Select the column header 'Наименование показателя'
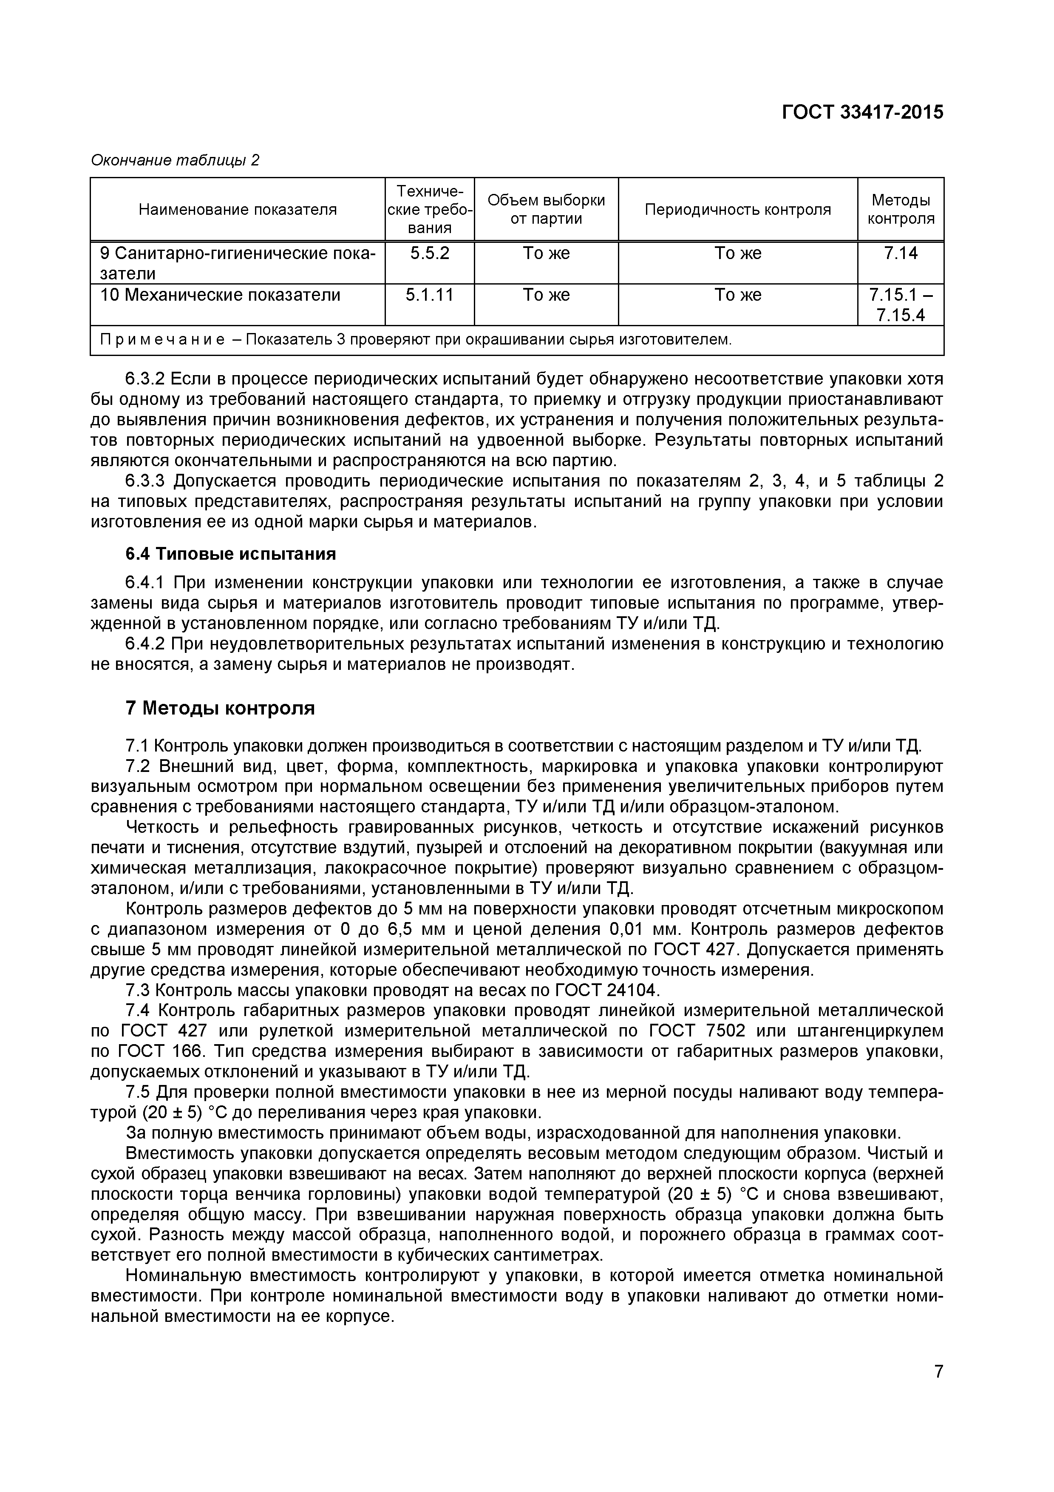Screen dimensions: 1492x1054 (238, 209)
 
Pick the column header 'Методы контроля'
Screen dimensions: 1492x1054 (900, 209)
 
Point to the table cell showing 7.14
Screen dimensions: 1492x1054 (900, 253)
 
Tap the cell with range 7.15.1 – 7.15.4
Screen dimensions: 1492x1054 (900, 305)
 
